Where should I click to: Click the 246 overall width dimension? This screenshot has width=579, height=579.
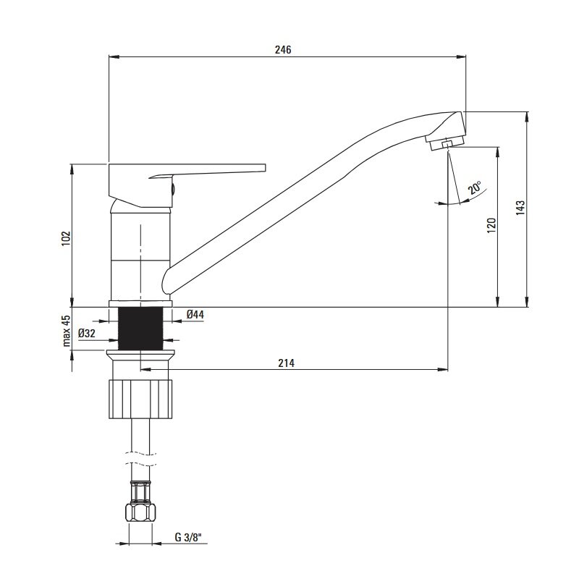[x=283, y=49]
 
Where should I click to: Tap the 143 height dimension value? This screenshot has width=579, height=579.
[x=520, y=208]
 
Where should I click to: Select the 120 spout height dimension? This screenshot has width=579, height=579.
[x=491, y=225]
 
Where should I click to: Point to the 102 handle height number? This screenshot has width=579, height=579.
[x=66, y=239]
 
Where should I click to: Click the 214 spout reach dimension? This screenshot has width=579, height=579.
[x=286, y=363]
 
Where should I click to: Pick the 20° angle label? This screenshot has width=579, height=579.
[x=475, y=187]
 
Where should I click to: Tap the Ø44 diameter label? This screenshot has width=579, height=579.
[x=195, y=315]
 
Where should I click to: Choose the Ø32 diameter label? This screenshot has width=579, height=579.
[x=87, y=334]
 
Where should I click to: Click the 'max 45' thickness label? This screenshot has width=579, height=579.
[x=66, y=331]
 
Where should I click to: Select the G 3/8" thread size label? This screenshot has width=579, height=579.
[x=188, y=537]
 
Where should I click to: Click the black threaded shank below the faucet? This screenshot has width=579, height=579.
[x=140, y=329]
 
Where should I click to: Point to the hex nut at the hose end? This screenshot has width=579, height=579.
[x=140, y=512]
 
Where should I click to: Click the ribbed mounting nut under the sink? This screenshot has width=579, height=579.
[x=140, y=399]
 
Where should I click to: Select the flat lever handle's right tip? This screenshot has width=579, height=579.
[x=265, y=168]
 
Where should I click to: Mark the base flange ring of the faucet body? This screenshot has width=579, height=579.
[x=140, y=304]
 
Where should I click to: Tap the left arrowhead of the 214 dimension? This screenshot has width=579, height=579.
[x=145, y=369]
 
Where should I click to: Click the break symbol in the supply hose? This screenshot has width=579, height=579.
[x=140, y=458]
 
